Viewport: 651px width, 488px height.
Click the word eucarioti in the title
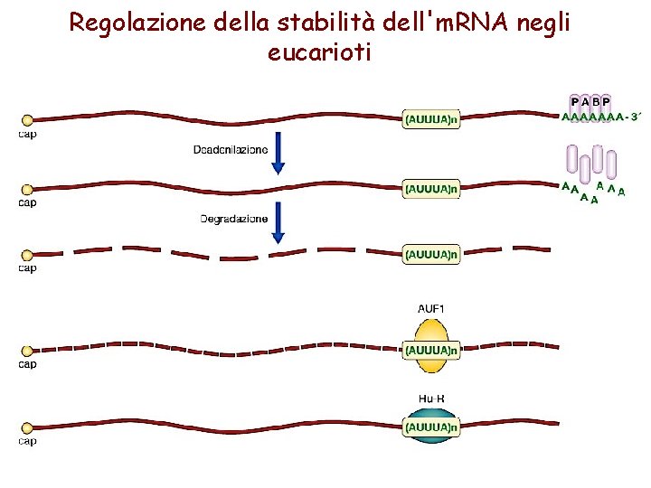[319, 52]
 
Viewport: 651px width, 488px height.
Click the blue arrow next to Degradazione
[278, 222]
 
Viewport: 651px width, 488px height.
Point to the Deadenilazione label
[230, 149]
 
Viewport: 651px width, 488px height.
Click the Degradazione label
[233, 219]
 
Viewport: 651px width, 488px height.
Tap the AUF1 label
[431, 309]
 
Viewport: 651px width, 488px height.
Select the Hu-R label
[431, 397]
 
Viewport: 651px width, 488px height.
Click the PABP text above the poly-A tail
[590, 100]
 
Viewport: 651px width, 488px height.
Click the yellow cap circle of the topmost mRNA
[27, 119]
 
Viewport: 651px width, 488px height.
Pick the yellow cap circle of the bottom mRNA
[27, 427]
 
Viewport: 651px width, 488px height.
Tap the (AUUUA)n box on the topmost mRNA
[431, 118]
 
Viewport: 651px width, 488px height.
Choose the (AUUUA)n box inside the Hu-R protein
[431, 426]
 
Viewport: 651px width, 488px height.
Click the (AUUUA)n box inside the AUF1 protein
[431, 348]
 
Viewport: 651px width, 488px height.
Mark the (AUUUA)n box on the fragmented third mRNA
[431, 255]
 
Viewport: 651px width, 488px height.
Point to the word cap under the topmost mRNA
[27, 134]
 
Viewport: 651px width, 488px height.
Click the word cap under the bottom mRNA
[27, 441]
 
